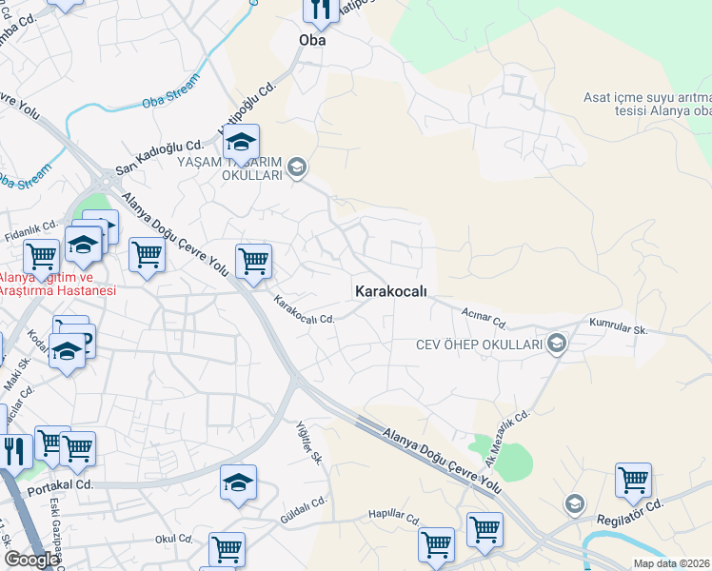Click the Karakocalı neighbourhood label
[x=390, y=290]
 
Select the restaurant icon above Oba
[x=321, y=10]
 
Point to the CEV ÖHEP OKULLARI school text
[x=479, y=344]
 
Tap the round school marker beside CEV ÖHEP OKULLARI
[x=557, y=344]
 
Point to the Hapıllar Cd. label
[x=394, y=518]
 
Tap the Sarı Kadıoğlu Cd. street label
[x=159, y=157]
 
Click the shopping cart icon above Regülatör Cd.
[x=633, y=481]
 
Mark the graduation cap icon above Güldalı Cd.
[x=238, y=482]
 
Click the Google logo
[x=31, y=560]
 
